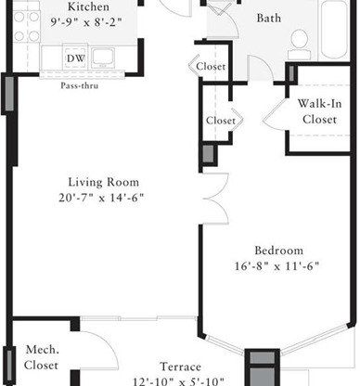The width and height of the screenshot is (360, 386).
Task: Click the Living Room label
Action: tap(103, 182)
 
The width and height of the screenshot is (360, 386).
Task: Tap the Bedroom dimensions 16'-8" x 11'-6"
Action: tap(276, 266)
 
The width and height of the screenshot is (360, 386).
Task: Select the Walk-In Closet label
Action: tap(320, 111)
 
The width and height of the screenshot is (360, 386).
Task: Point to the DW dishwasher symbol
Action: tap(76, 58)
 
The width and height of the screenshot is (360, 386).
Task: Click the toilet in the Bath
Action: tap(299, 45)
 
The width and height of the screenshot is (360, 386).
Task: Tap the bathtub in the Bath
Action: tap(335, 30)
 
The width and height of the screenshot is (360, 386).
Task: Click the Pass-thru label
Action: tap(80, 85)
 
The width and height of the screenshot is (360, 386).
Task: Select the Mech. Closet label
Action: tap(42, 357)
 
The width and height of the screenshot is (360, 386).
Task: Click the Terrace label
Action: tap(181, 367)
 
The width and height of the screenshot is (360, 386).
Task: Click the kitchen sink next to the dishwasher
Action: tap(102, 58)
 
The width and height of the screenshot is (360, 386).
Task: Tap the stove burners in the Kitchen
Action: tap(27, 27)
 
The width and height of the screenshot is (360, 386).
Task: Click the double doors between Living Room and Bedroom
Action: tap(216, 199)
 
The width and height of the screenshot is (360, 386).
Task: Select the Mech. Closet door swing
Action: tap(99, 350)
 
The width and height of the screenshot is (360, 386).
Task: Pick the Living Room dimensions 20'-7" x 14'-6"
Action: tap(101, 198)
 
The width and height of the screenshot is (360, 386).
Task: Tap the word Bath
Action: tap(269, 19)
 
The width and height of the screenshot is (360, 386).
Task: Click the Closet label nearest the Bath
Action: tap(211, 66)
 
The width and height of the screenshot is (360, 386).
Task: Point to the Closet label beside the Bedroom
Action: tap(221, 121)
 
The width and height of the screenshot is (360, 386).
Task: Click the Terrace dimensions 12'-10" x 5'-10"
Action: tap(179, 381)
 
